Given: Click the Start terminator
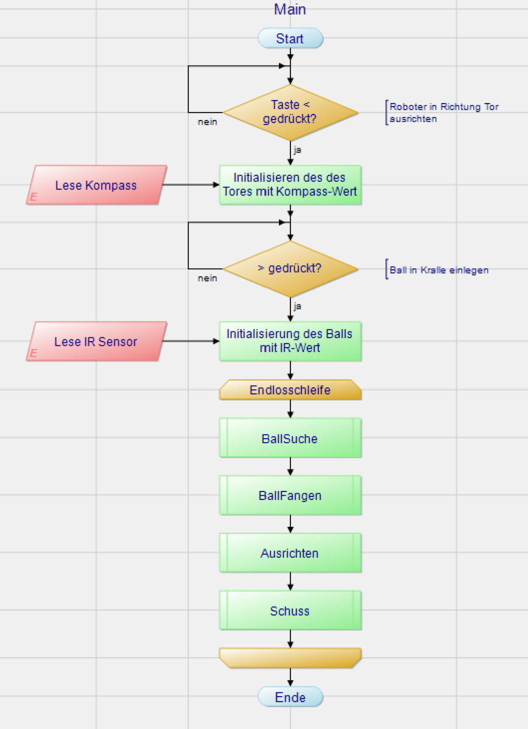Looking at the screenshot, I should pos(290,39).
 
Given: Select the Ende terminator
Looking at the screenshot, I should pos(290,697).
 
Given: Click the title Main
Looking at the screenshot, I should pos(290,9).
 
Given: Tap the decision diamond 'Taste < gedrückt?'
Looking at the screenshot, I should pos(290,112).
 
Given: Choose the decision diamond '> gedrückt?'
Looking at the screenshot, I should pos(290,269).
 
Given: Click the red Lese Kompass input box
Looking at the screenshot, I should pos(96,185).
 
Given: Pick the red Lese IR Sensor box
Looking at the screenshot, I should pos(96,342).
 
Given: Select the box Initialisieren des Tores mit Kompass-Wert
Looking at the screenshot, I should pos(290,185).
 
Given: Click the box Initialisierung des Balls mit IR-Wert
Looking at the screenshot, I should pos(290,341).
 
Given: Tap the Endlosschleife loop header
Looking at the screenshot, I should pos(290,390).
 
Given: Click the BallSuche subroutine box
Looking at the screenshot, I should pos(290,438).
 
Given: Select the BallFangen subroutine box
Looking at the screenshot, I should pos(290,496).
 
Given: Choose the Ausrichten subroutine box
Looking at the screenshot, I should pos(290,554).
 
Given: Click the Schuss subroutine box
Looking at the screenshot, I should pos(290,611).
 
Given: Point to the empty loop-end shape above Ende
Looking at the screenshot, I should pos(290,657).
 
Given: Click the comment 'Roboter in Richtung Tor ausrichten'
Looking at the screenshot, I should pos(444,113).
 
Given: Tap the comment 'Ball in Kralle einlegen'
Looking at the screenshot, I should pos(439,270).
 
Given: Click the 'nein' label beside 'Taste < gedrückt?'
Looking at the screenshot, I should pos(208,122).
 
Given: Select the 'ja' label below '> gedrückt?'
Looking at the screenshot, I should pos(297,306).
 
